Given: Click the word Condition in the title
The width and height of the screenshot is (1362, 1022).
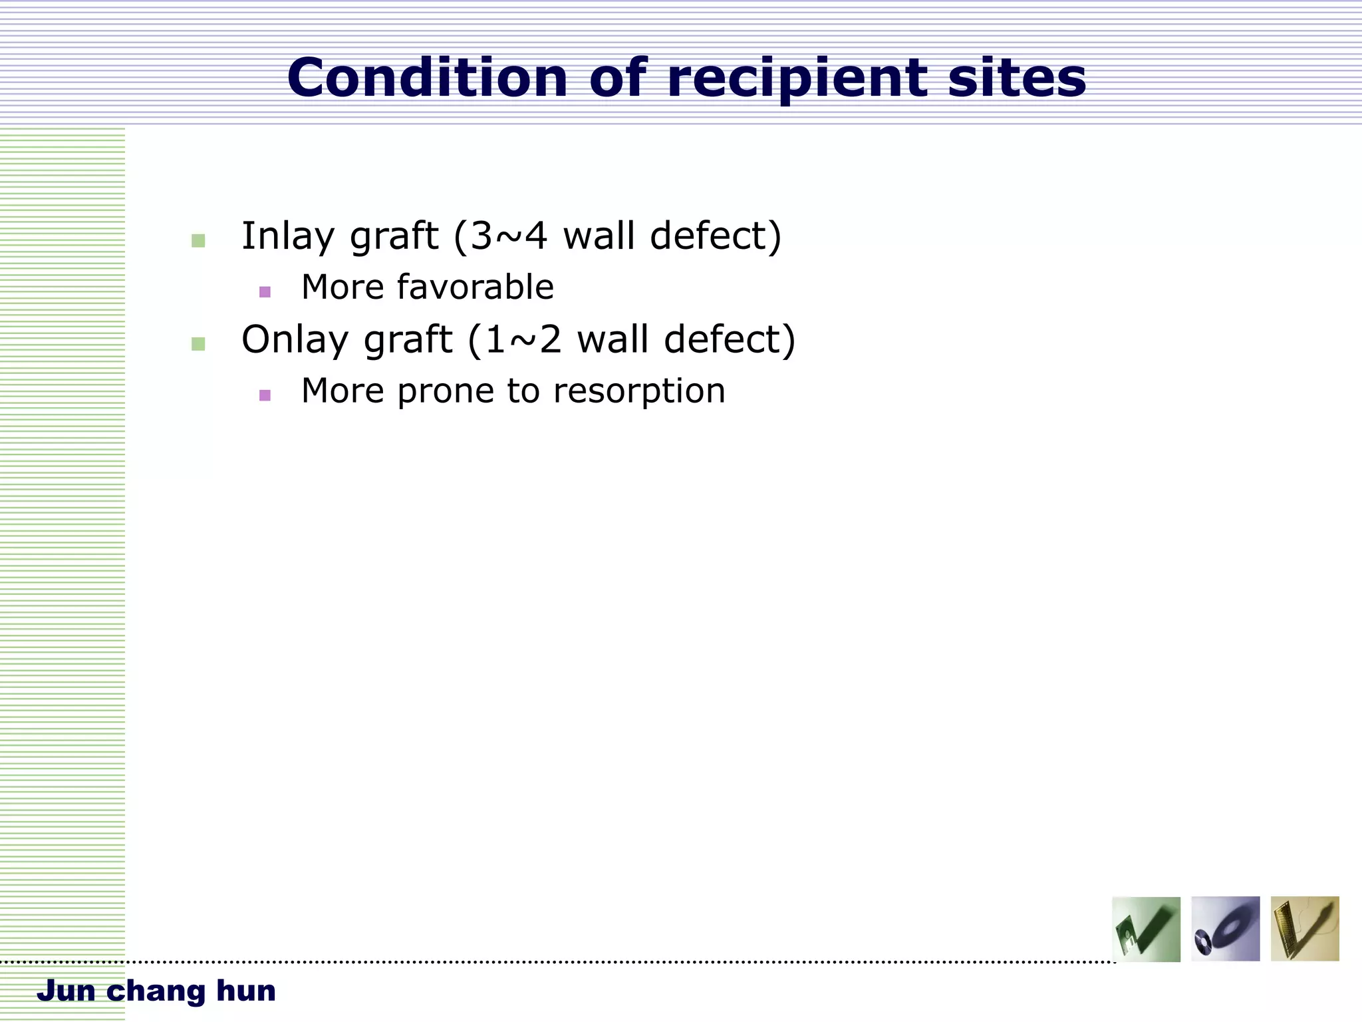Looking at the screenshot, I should [428, 78].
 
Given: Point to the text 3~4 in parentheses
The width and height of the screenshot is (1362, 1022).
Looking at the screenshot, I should [509, 236].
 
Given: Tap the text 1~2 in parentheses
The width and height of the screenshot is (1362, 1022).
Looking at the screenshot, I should [523, 339].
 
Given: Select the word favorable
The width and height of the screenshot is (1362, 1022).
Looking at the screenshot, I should [475, 287].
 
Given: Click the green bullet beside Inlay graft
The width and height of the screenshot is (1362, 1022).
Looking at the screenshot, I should [198, 241].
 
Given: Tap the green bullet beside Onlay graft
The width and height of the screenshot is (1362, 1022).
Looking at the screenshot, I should [198, 344].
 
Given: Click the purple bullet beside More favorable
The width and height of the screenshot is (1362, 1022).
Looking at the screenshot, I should [265, 291].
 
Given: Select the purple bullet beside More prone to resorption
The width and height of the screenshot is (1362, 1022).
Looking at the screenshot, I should [265, 395].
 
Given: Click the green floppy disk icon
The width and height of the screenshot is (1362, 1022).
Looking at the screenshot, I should [1146, 929].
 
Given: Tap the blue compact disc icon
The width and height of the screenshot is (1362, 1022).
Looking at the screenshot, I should [1225, 929].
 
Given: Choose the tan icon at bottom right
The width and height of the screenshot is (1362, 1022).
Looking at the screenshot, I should [1304, 929].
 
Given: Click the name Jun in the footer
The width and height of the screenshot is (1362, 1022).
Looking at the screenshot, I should [66, 991].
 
